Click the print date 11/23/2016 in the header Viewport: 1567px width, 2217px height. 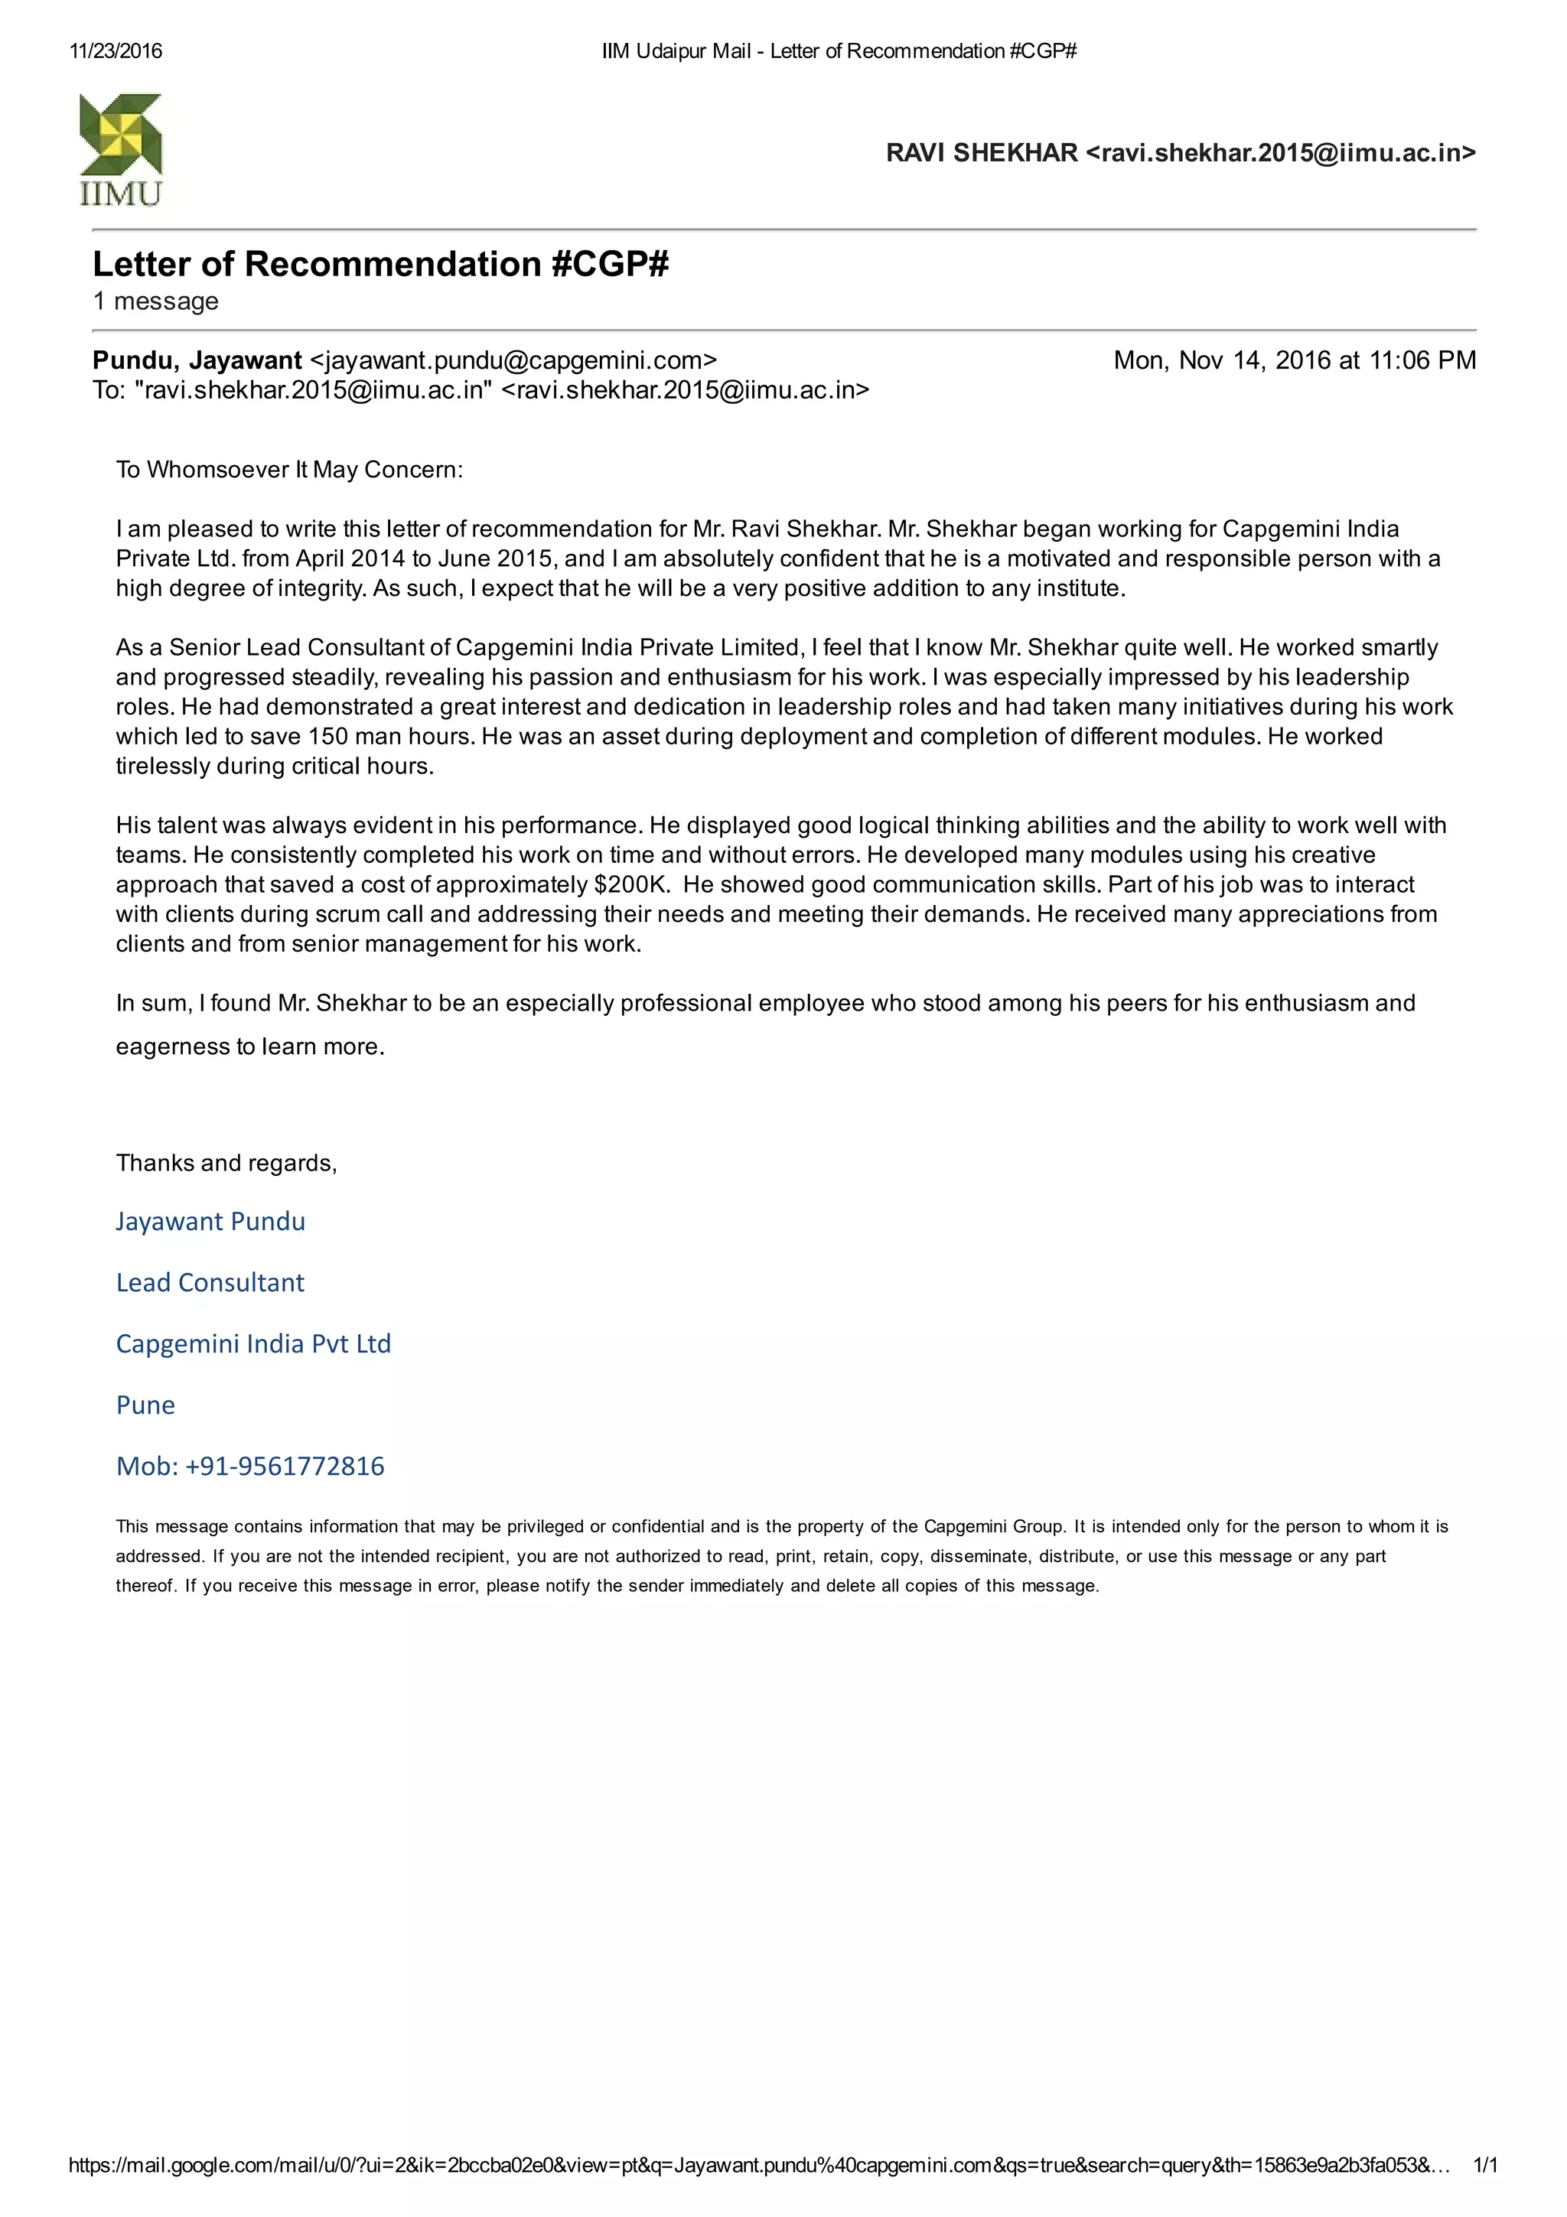(116, 51)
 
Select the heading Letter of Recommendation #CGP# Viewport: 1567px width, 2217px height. (380, 264)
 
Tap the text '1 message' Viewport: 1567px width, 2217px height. (155, 301)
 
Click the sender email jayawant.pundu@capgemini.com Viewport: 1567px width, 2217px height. (513, 360)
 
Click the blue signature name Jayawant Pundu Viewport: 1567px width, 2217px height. (210, 1222)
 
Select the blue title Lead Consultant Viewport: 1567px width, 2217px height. (210, 1282)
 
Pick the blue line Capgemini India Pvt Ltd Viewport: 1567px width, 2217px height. (253, 1344)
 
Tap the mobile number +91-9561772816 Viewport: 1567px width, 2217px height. (285, 1466)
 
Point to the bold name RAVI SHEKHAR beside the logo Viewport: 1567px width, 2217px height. (981, 152)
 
